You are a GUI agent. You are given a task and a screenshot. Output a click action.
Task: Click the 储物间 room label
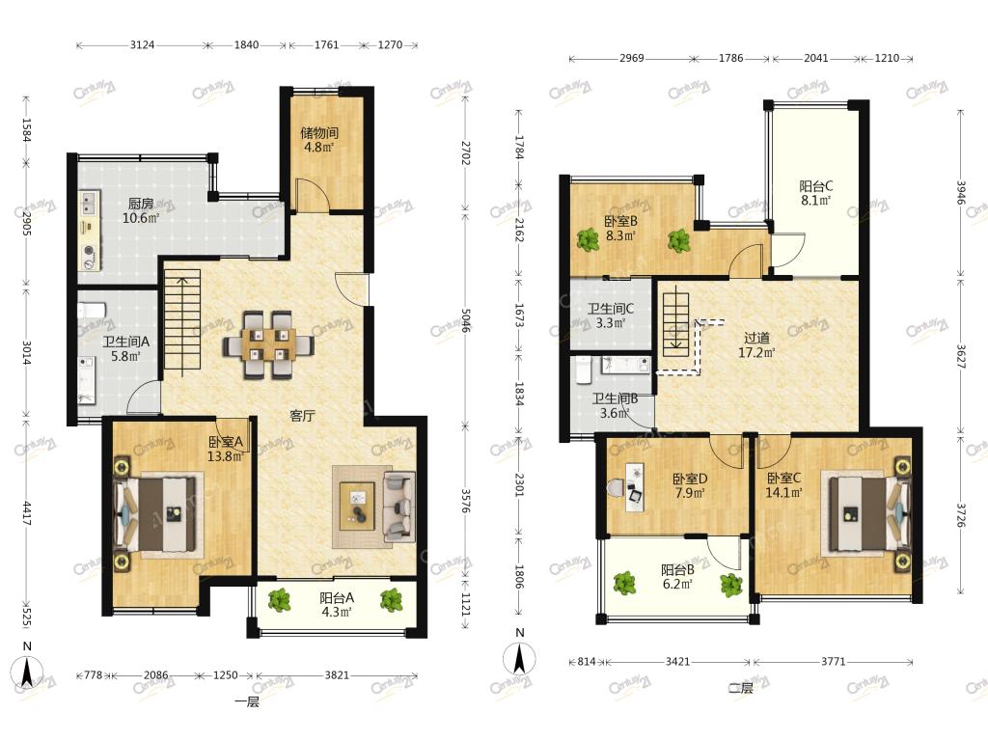coord(318,133)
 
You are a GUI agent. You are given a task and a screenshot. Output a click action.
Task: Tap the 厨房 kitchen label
coord(141,204)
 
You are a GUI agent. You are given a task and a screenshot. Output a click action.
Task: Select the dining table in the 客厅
coord(268,344)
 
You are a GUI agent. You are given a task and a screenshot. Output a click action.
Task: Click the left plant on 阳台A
coord(279,599)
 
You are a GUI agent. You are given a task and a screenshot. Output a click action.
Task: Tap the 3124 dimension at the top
coord(143,45)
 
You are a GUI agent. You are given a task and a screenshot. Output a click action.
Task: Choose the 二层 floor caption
coord(741,688)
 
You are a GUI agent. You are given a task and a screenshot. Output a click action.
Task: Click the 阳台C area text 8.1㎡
coord(815,201)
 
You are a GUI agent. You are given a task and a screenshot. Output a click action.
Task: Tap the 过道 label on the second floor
coord(756,339)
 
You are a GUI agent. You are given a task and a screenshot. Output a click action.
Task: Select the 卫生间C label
coord(611,309)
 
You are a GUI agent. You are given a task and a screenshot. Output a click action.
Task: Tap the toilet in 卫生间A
coord(92,311)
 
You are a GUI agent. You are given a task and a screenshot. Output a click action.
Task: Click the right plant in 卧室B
coord(679,240)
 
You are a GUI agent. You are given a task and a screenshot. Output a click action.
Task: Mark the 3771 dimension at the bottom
coord(833,662)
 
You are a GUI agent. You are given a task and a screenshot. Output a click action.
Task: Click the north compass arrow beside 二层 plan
coord(519,659)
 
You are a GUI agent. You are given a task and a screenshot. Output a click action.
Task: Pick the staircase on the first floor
coord(182,319)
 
